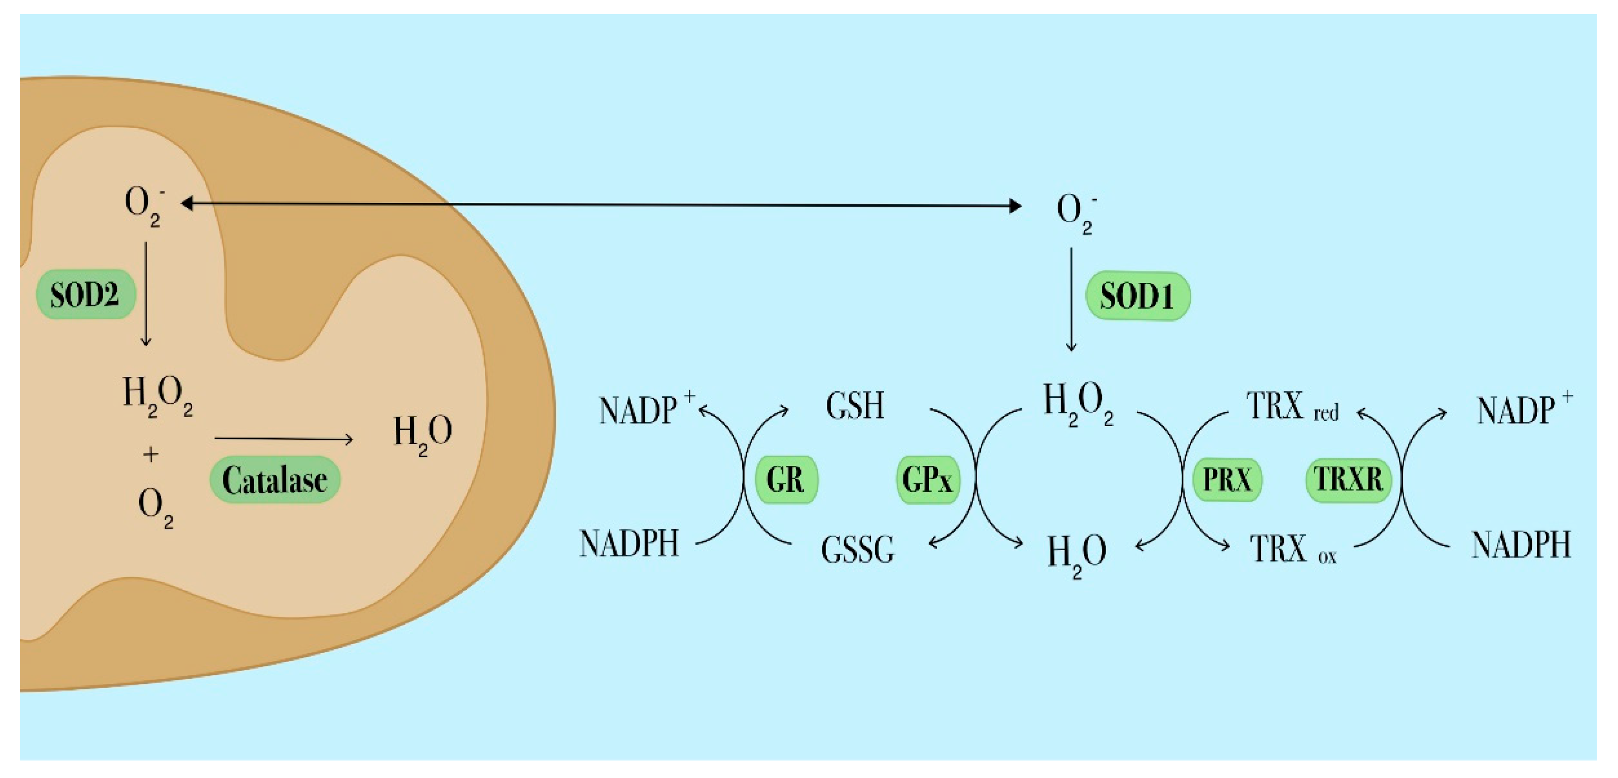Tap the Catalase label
tap(274, 480)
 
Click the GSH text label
tap(855, 406)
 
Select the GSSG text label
tap(857, 550)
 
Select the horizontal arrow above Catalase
tap(284, 439)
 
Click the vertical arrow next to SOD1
tap(1072, 299)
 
